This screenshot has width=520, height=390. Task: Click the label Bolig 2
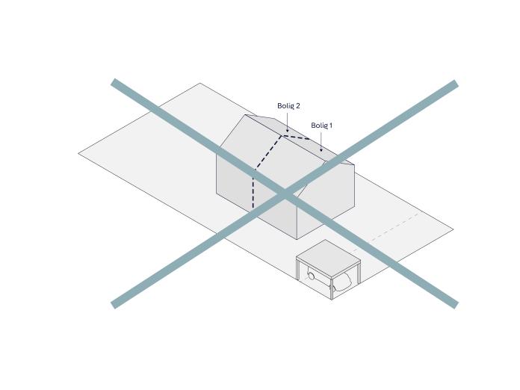[x=288, y=106]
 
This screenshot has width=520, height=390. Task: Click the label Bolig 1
[x=321, y=126]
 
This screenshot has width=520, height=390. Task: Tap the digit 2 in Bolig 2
[x=297, y=106]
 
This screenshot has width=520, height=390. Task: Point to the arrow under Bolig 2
[x=287, y=122]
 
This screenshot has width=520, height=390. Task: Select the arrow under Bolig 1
[x=321, y=142]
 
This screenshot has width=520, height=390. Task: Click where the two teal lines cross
[x=285, y=194]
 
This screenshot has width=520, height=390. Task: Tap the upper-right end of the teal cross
[x=456, y=84]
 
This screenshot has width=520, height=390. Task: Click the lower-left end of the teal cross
[x=113, y=304]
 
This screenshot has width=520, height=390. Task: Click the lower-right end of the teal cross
[x=456, y=304]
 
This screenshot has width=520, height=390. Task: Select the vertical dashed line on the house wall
[x=253, y=189]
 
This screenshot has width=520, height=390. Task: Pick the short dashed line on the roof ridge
[x=295, y=137]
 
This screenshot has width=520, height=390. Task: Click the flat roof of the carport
[x=328, y=259]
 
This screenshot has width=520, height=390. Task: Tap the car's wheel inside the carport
[x=312, y=276]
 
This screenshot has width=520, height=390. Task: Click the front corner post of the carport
[x=332, y=288]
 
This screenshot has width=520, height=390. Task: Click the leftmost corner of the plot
[x=78, y=153]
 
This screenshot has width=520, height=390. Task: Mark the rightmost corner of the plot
[x=454, y=229]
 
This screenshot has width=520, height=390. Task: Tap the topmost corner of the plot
[x=200, y=83]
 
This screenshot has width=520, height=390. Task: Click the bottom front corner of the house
[x=297, y=239]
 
